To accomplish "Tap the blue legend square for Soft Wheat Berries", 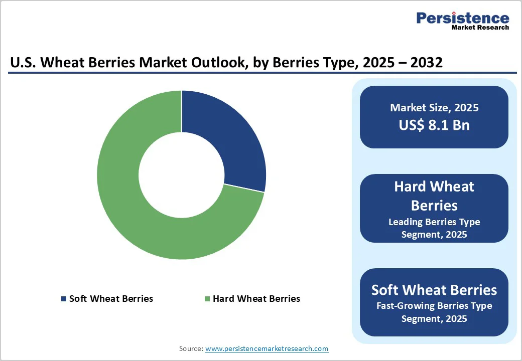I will tap(64, 299).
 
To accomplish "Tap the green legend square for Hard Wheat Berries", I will tap(207, 299).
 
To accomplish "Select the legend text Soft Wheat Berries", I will tap(111, 299).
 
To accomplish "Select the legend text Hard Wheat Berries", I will tap(256, 299).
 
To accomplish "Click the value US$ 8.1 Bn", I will tap(434, 125).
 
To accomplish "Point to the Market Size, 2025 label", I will tap(434, 108).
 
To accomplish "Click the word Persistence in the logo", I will tap(462, 19).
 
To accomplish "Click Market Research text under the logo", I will tap(480, 28).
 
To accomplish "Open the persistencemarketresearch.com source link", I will tap(267, 348).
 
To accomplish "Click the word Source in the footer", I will tap(191, 348).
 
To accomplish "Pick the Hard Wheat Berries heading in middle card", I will tap(434, 196).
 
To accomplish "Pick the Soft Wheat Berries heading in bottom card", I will tap(434, 290).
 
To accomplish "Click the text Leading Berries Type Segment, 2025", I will tap(434, 228).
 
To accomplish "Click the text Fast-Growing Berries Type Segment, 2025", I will tap(434, 312).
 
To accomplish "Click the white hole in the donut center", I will tap(181, 175).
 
